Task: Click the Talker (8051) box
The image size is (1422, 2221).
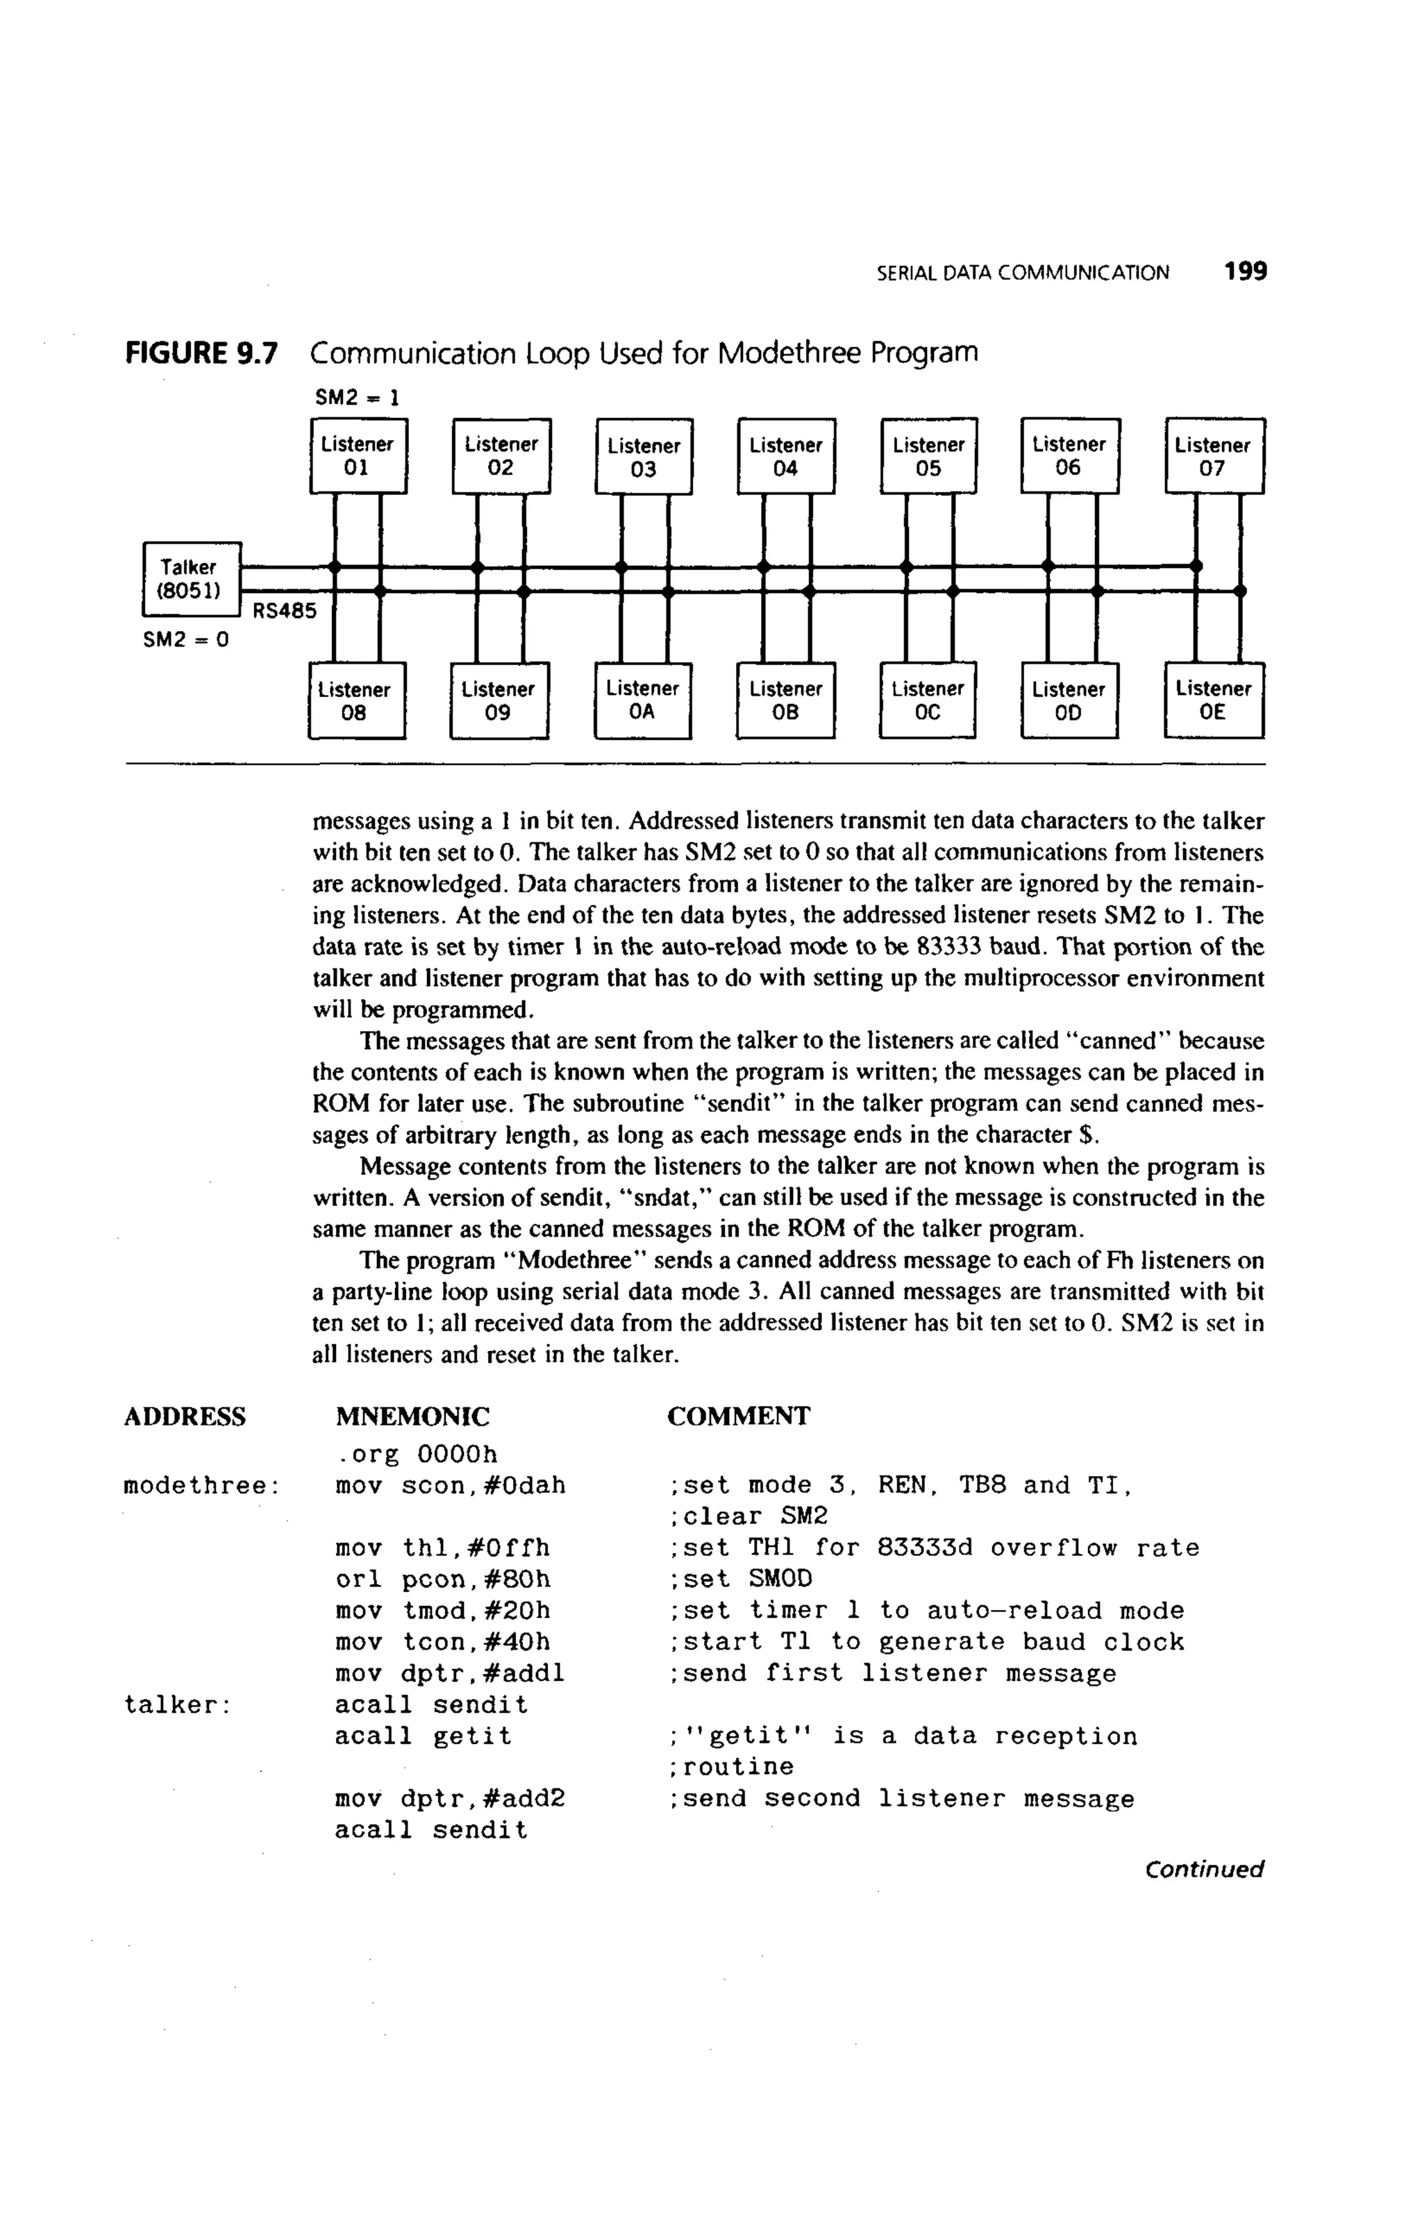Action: click(191, 579)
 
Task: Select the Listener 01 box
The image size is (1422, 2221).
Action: click(358, 456)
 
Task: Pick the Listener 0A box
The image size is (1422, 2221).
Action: click(643, 701)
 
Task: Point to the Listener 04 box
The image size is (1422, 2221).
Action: click(786, 456)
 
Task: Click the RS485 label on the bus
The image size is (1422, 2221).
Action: click(285, 611)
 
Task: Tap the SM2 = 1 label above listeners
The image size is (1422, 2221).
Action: click(358, 398)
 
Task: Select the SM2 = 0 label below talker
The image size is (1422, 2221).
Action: click(185, 639)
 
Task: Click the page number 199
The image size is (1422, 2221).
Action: click(1246, 271)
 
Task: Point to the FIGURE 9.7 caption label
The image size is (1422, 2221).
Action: click(201, 353)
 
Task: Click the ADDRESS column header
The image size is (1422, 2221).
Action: click(185, 1416)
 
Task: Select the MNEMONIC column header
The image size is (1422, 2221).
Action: click(412, 1416)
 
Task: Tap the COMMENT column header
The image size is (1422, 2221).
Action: click(739, 1416)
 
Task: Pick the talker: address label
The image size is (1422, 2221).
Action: click(176, 1705)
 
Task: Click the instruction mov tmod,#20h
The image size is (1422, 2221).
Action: click(443, 1611)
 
